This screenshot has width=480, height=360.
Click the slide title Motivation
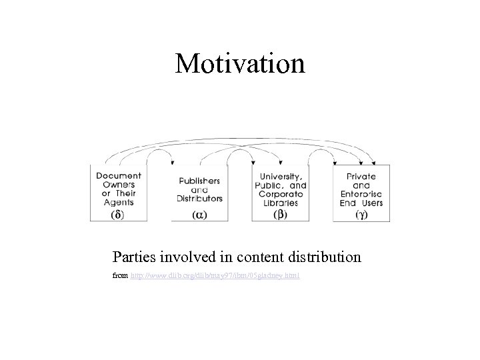point(240,64)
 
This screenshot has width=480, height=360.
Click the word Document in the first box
point(119,175)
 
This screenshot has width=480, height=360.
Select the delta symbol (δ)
point(117,215)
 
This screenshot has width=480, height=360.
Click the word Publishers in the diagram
point(200,180)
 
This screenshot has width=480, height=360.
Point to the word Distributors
point(200,198)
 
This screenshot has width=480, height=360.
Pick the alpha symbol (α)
point(199,215)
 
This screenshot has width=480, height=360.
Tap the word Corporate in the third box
point(280,193)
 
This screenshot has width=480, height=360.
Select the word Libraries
point(280,202)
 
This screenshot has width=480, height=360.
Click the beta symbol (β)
point(280,215)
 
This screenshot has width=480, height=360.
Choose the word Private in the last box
point(361,176)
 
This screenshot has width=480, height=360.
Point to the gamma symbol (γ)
point(361,215)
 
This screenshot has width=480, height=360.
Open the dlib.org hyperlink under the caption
point(215,275)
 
